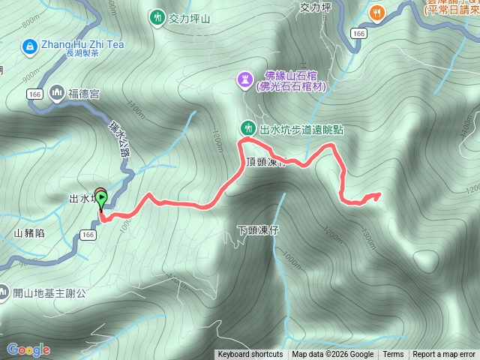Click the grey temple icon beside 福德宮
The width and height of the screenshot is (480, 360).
[58, 94]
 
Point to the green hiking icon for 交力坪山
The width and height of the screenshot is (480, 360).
[157, 16]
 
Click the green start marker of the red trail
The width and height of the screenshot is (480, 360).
[101, 199]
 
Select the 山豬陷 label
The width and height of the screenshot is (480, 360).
[28, 233]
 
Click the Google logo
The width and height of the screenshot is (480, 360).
[28, 349]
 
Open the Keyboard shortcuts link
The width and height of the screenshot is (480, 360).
[250, 355]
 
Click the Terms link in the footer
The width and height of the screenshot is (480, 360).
[393, 355]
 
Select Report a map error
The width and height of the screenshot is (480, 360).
[444, 355]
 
